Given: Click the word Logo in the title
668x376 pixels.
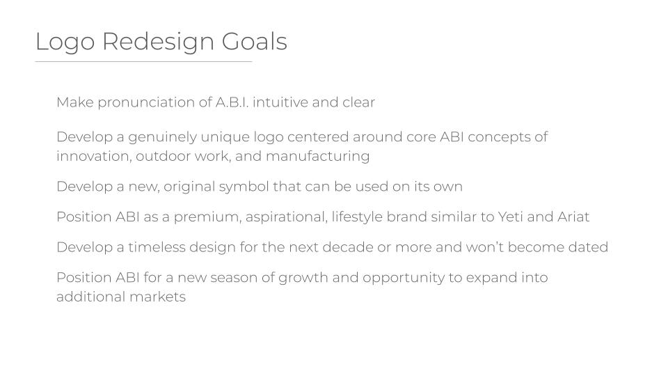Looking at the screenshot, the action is point(65,42).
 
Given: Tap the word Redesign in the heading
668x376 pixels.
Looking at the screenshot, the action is point(158,42).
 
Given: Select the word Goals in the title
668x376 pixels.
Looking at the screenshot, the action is point(255,41).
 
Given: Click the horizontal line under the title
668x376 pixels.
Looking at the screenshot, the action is point(143,62).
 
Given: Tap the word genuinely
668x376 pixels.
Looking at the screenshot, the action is point(162,137).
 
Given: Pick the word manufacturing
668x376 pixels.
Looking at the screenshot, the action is point(317,157).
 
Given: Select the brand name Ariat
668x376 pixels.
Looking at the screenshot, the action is point(573,217).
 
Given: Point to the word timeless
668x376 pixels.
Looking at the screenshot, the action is point(157,247).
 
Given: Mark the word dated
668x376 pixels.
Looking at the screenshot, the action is point(589,247).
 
